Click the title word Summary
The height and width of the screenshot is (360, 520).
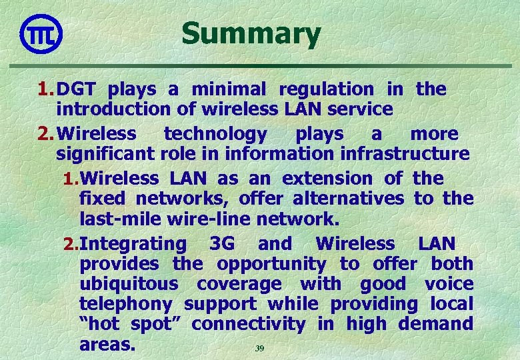tap(251, 34)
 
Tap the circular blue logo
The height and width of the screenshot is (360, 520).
tap(41, 33)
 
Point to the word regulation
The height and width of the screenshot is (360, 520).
tap(326, 89)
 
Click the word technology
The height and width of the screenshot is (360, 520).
tap(215, 134)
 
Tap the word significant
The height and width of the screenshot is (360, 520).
tap(106, 154)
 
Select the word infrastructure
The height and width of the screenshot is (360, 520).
tap(405, 154)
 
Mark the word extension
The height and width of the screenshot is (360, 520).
tap(327, 179)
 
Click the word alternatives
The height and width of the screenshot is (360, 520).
tap(348, 198)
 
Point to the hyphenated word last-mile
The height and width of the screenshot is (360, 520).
tap(120, 218)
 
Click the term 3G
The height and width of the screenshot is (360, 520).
tap(221, 244)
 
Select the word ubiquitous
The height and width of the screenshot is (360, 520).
tap(129, 284)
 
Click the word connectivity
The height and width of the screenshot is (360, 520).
tap(248, 324)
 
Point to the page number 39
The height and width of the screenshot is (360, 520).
tap(260, 349)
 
